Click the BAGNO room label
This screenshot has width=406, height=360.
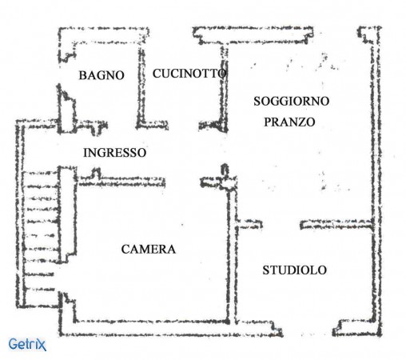tap(101, 75)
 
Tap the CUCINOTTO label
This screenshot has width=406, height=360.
tap(189, 74)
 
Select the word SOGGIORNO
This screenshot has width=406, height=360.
tap(291, 101)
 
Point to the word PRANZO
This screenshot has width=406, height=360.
tap(289, 122)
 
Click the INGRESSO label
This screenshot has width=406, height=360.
tap(115, 153)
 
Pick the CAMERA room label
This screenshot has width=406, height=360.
tap(149, 250)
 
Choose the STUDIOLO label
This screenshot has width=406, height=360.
tap(295, 270)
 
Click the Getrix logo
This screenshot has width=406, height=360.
tap(27, 344)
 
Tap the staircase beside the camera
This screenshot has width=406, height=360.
tap(40, 232)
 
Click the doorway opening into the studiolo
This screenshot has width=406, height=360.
tap(281, 225)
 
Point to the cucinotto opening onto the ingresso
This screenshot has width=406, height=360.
tap(184, 125)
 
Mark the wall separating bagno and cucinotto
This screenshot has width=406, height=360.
tap(141, 86)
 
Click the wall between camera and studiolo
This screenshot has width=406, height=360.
tap(232, 254)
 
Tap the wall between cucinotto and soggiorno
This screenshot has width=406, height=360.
tap(225, 88)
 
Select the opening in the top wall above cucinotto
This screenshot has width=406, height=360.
tap(171, 34)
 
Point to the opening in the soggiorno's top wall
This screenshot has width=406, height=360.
tap(335, 34)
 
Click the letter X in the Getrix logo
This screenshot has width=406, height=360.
tap(42, 345)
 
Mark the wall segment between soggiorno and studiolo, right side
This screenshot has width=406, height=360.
tap(336, 225)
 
